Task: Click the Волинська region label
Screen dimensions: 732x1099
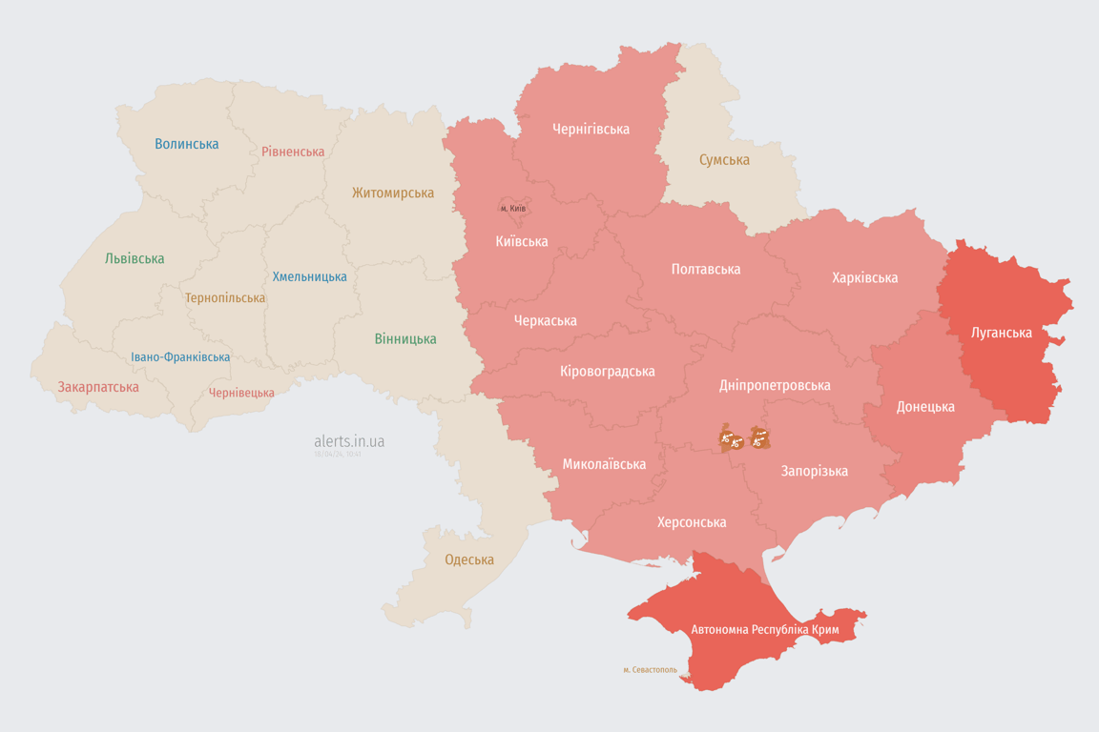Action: click(x=187, y=144)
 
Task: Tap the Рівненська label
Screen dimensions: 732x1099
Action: click(x=293, y=152)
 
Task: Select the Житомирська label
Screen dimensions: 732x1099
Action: click(x=392, y=193)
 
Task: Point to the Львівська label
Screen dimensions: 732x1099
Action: click(x=135, y=258)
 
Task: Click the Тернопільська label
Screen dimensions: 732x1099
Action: click(x=225, y=297)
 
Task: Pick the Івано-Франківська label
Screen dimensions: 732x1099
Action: click(x=180, y=357)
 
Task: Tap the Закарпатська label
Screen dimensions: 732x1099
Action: click(x=98, y=387)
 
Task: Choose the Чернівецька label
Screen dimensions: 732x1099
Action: click(x=241, y=393)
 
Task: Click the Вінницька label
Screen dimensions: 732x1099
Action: click(x=405, y=338)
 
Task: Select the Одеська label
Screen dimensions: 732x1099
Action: click(x=469, y=559)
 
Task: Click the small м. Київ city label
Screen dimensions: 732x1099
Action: click(x=513, y=208)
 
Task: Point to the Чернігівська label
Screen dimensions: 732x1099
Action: click(x=591, y=129)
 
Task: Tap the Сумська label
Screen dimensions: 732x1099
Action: click(x=724, y=160)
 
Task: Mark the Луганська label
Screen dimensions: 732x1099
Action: click(x=1001, y=333)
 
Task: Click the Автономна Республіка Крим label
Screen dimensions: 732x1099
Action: click(x=765, y=630)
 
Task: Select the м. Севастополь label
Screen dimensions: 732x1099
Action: click(x=650, y=670)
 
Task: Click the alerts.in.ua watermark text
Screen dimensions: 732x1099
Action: click(x=349, y=441)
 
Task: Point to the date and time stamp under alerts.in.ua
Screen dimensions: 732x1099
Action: click(x=338, y=455)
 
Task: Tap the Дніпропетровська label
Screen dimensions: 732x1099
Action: click(x=774, y=385)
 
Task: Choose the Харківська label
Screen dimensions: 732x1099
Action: click(x=864, y=277)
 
